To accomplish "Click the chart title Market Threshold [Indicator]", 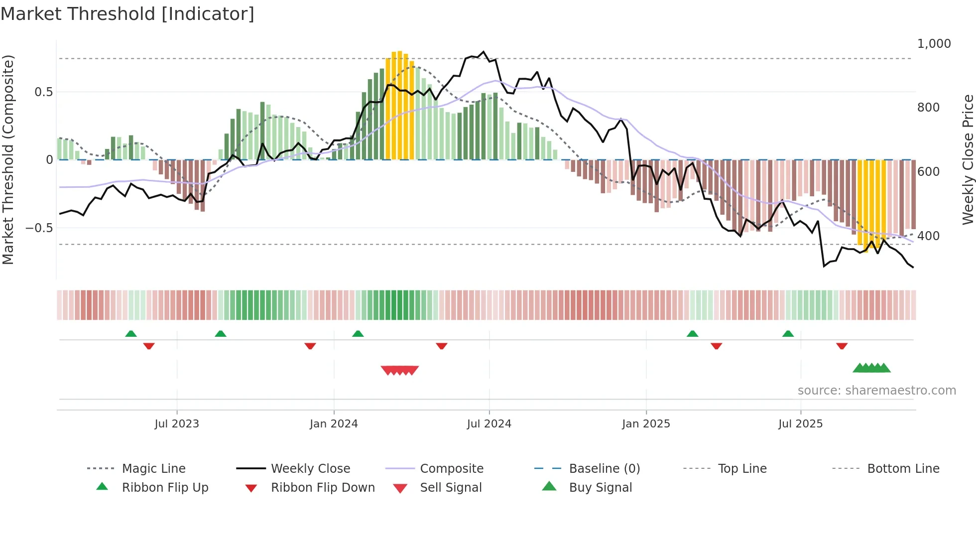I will click(x=127, y=14).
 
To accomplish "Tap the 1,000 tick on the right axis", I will click(x=934, y=44).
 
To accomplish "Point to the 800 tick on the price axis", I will click(x=928, y=108).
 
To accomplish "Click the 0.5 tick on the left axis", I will click(x=43, y=92).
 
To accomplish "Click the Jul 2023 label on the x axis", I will click(x=177, y=424).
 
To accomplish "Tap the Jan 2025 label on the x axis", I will click(x=646, y=424).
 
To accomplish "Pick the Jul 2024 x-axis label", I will click(x=489, y=424).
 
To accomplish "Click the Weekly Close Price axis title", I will click(x=968, y=159).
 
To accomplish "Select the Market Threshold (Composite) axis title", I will click(x=8, y=159).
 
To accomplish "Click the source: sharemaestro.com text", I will click(x=876, y=391).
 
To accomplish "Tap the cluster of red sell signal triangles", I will click(x=399, y=370).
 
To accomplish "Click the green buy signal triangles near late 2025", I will click(x=871, y=368).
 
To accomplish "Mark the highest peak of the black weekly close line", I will click(x=483, y=52).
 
